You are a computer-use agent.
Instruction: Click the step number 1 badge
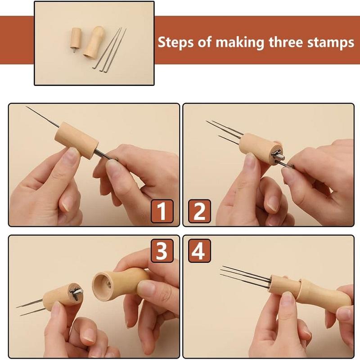[162, 211]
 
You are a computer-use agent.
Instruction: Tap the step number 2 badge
[199, 211]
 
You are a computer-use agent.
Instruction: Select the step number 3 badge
[162, 251]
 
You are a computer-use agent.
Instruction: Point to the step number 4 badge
[199, 251]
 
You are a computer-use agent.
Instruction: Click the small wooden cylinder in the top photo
[75, 39]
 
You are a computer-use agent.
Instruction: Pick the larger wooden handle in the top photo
[92, 43]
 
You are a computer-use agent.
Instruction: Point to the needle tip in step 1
[26, 107]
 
